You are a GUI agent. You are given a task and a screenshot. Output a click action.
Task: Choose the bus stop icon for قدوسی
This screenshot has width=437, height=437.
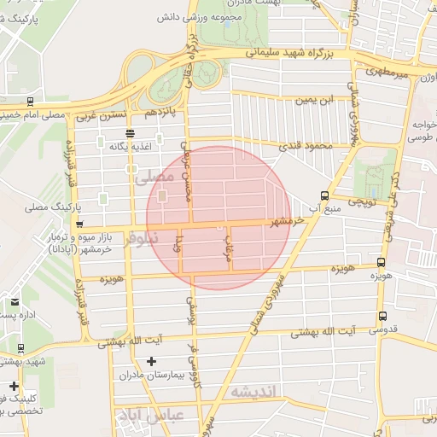[x=382, y=316]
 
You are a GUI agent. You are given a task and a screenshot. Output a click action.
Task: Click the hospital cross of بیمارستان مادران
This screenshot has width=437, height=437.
[x=152, y=361]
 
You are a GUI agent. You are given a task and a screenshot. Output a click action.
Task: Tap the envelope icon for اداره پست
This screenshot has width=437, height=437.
[x=15, y=301]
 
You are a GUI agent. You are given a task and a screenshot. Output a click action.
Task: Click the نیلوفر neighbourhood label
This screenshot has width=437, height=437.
[x=141, y=241]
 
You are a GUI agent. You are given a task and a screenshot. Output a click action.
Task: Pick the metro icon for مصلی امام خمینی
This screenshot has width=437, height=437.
[x=31, y=101]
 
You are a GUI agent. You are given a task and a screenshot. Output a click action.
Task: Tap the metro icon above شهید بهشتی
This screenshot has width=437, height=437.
[x=20, y=347]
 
